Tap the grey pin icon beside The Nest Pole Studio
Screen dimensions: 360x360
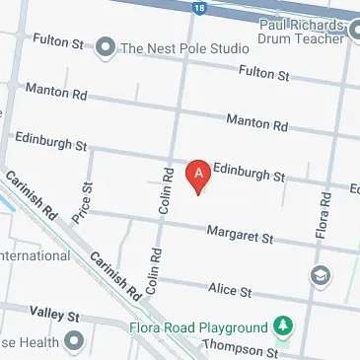coord(105,46)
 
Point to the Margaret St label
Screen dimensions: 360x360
coord(239,235)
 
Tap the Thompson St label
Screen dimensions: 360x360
coord(241,348)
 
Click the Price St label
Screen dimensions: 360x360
coord(87,200)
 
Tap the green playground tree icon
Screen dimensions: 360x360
coord(284,325)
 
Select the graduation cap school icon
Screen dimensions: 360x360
coord(320,274)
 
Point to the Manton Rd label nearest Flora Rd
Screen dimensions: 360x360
coord(256,122)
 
